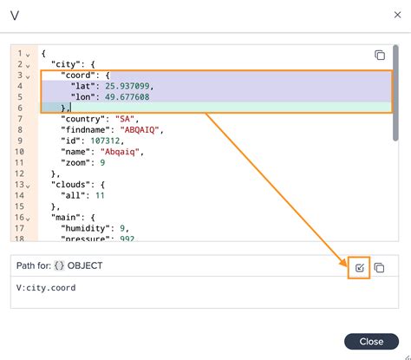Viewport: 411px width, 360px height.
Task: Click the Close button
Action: tap(371, 341)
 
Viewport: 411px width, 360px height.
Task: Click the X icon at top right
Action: tap(386, 16)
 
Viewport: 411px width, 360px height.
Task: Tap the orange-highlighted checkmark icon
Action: tap(358, 269)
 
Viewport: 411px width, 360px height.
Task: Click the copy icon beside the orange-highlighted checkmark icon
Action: tap(379, 269)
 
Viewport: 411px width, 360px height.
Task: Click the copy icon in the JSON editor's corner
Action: tap(379, 55)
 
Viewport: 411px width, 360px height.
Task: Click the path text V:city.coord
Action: tap(46, 287)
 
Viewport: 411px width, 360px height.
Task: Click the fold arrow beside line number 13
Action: tap(28, 185)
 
